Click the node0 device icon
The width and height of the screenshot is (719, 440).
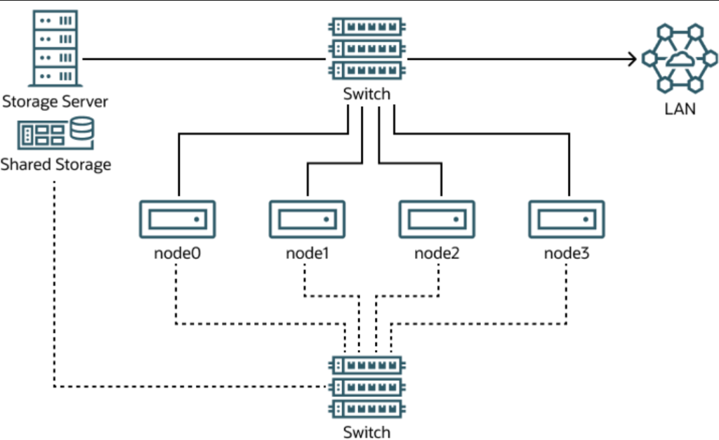(x=178, y=219)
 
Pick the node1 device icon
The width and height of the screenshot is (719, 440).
(x=307, y=219)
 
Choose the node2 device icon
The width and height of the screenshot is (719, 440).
(x=437, y=219)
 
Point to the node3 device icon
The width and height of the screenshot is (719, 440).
(x=566, y=219)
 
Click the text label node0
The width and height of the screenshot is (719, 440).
(x=178, y=252)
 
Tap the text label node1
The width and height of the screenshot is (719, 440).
(x=308, y=252)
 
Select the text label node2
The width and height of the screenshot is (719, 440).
(x=437, y=252)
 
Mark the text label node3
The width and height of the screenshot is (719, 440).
(x=567, y=252)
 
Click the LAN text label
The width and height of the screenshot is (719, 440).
(x=680, y=109)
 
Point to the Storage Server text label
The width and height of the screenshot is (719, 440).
(x=55, y=101)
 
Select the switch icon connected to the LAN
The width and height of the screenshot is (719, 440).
(x=367, y=48)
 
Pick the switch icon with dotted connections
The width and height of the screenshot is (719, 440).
(x=367, y=386)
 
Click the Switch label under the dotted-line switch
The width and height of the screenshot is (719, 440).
(x=367, y=432)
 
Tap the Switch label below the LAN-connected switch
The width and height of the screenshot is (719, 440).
(x=367, y=94)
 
